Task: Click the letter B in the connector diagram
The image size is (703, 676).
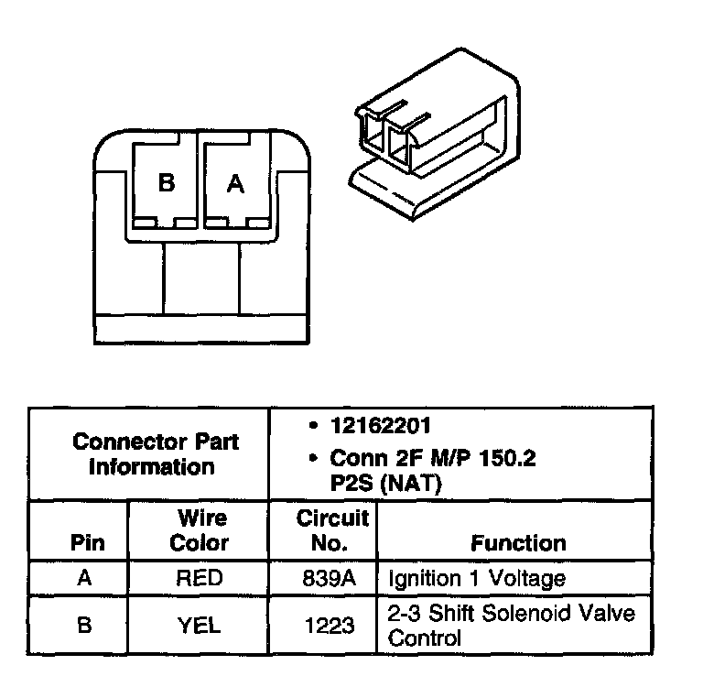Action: click(166, 183)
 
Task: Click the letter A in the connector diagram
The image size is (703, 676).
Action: click(235, 184)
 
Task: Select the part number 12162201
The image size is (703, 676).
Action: click(383, 427)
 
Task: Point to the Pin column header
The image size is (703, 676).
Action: click(88, 542)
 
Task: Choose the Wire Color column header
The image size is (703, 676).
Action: click(200, 531)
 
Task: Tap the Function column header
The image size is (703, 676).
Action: click(518, 543)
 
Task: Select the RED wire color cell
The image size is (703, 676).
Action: click(200, 578)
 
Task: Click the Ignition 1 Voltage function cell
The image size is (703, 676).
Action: click(477, 579)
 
